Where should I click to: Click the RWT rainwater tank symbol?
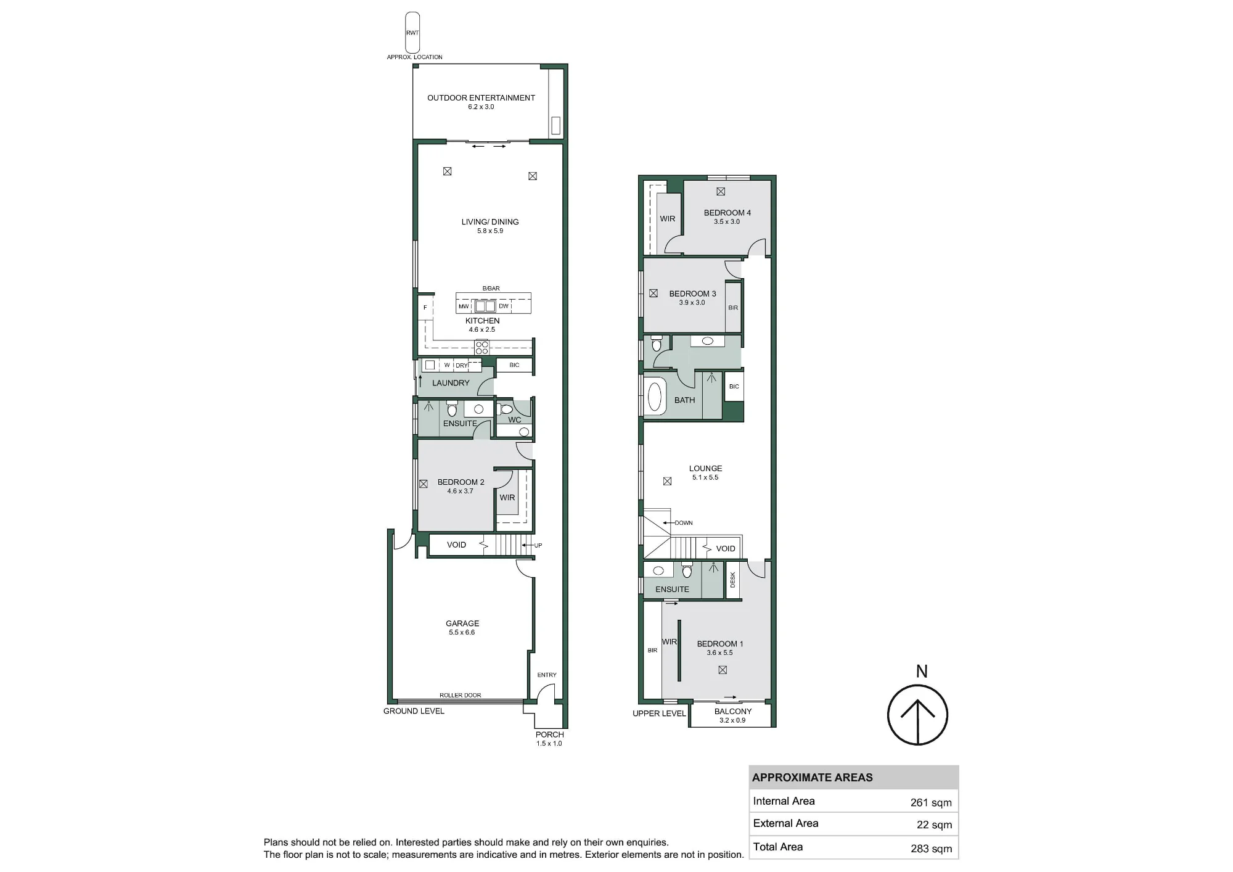(x=412, y=33)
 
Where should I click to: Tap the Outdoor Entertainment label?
(x=481, y=97)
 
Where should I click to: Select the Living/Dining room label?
(x=490, y=222)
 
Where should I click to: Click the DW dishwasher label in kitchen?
(x=504, y=306)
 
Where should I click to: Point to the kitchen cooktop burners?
(x=481, y=347)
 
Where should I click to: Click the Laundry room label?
(x=451, y=383)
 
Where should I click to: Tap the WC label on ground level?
(x=515, y=420)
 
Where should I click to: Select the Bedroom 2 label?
(x=461, y=482)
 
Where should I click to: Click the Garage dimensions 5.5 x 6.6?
(x=462, y=632)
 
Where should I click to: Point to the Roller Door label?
(x=461, y=695)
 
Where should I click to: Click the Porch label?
(x=550, y=734)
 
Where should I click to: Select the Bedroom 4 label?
(x=727, y=213)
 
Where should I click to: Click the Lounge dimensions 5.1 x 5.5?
(x=705, y=477)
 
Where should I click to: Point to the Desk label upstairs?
(x=733, y=580)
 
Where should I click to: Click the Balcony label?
(x=733, y=711)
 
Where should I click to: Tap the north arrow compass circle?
(x=917, y=715)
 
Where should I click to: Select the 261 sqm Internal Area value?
(x=931, y=802)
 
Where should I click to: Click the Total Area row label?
(x=778, y=847)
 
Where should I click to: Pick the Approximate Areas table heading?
(x=813, y=778)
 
